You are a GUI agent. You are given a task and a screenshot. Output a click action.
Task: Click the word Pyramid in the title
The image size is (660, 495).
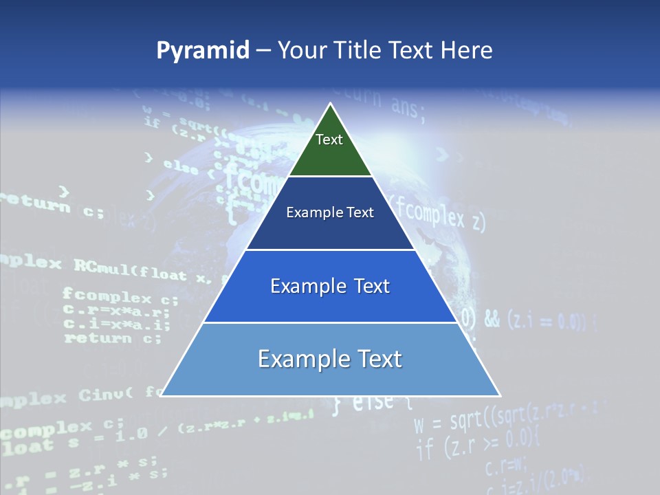point(203,51)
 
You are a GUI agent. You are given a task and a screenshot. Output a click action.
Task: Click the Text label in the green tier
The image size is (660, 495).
point(329,140)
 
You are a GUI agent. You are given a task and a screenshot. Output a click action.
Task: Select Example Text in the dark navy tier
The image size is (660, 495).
point(330,212)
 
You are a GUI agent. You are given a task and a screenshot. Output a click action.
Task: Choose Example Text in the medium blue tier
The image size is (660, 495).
point(330,286)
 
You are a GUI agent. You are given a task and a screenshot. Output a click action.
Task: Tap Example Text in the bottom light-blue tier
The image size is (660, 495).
point(330,359)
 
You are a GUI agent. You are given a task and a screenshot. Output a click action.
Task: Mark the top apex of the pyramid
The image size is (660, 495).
point(331,104)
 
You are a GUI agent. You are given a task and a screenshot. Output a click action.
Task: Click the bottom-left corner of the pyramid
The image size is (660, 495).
point(161,395)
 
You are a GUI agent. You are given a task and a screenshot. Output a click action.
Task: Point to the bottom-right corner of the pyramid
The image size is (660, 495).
point(500,395)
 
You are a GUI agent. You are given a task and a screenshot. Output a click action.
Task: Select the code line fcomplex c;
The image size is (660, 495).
point(120,298)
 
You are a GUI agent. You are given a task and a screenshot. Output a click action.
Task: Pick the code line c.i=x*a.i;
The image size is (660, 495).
point(116,325)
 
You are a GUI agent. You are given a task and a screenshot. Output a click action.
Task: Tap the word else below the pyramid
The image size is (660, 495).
point(372,402)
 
